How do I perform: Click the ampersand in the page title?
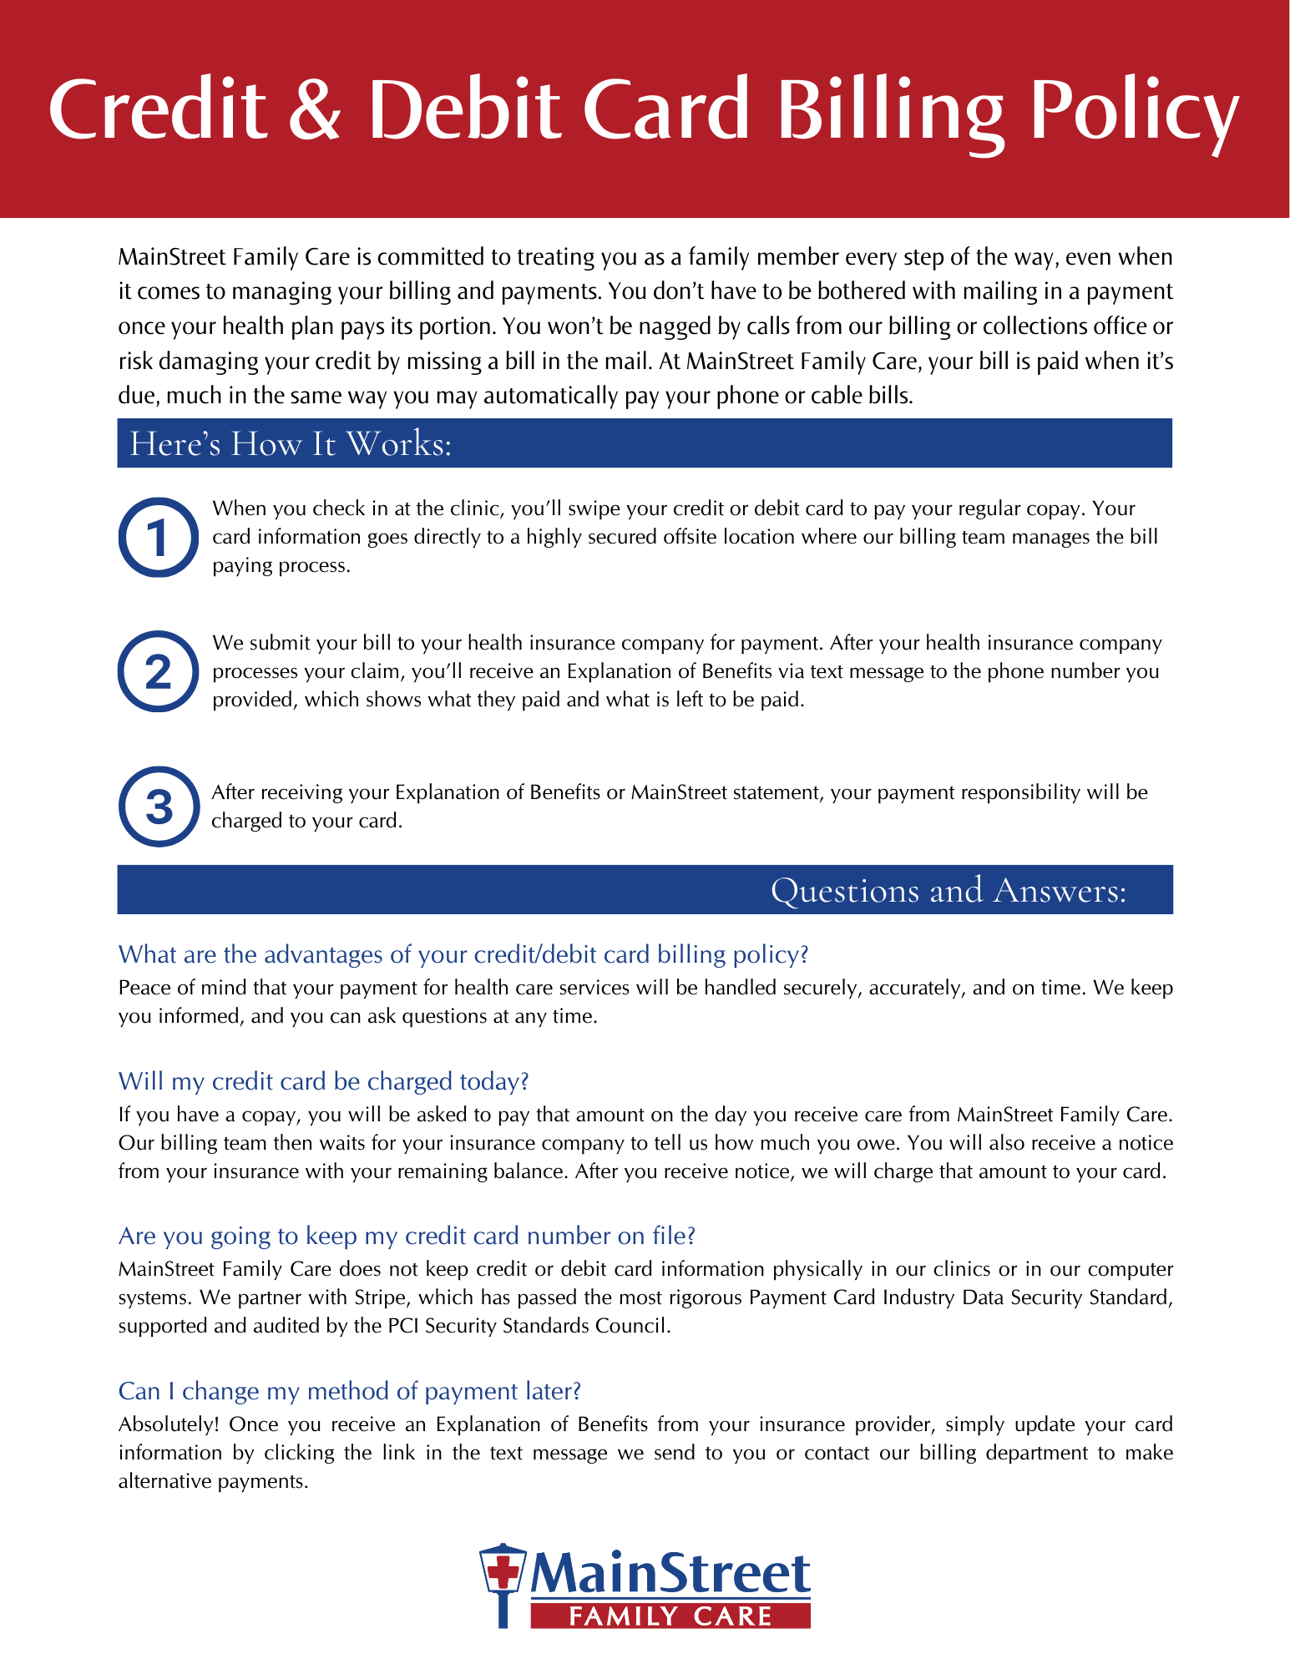click(x=315, y=110)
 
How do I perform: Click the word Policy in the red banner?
click(x=1134, y=110)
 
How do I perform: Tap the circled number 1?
click(x=158, y=538)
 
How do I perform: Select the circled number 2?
click(x=158, y=672)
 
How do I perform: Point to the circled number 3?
click(x=159, y=807)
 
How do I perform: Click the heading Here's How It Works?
click(x=290, y=443)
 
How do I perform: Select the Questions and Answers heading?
click(x=948, y=890)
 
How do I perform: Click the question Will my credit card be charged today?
click(x=323, y=1081)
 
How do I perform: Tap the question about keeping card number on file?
click(x=407, y=1236)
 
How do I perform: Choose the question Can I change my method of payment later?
click(x=349, y=1391)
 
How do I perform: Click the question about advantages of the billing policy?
click(x=463, y=954)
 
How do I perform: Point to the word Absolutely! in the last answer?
click(x=169, y=1424)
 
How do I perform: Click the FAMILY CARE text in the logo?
click(x=670, y=1616)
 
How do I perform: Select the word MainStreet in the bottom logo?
click(x=670, y=1573)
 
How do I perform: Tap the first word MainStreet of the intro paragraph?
click(x=171, y=257)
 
